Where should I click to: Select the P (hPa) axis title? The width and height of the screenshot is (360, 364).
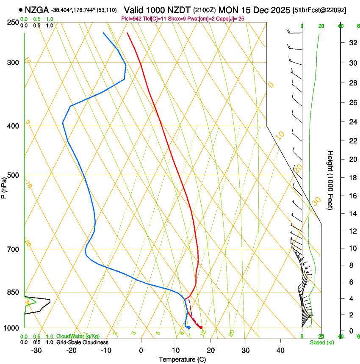coord(4,185)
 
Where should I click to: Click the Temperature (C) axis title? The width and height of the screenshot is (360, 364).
coord(182,359)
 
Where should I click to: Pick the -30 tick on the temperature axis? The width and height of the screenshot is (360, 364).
coord(36,350)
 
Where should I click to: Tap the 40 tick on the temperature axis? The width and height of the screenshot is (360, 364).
coord(280,350)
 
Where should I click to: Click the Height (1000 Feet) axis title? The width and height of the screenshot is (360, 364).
coord(330,180)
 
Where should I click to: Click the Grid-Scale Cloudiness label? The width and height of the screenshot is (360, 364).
coord(82,342)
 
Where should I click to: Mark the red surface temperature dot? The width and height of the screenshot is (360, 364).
coord(201,327)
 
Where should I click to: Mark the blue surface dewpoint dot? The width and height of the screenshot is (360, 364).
coord(189,327)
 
